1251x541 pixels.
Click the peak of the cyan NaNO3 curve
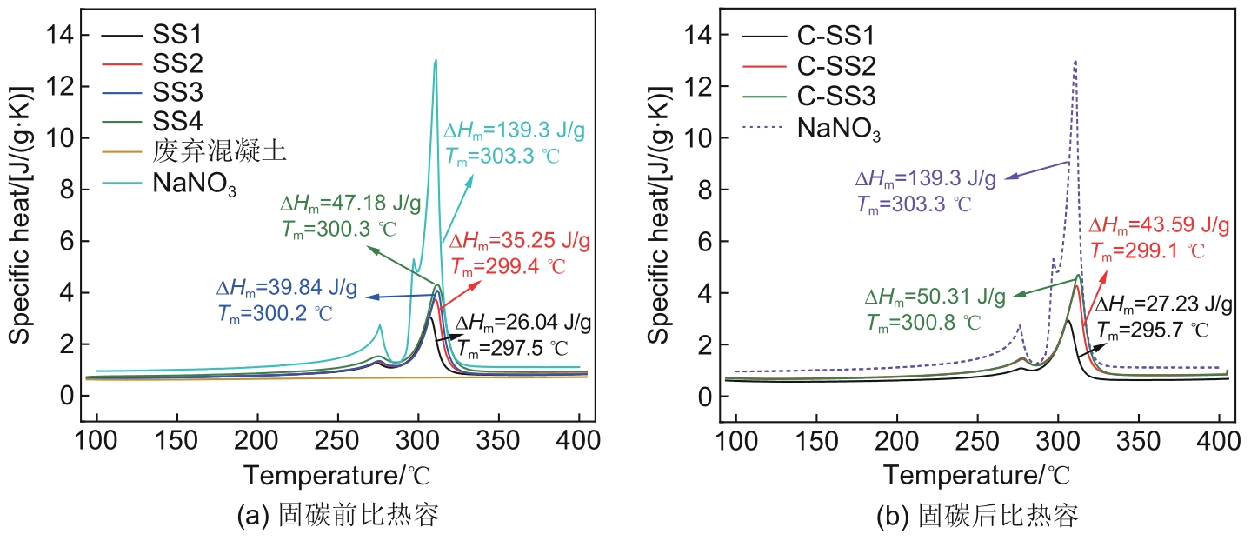(436, 60)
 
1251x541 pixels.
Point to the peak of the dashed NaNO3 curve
(1075, 61)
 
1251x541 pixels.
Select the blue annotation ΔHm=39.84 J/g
(276, 286)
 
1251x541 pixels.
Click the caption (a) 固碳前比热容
(337, 518)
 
